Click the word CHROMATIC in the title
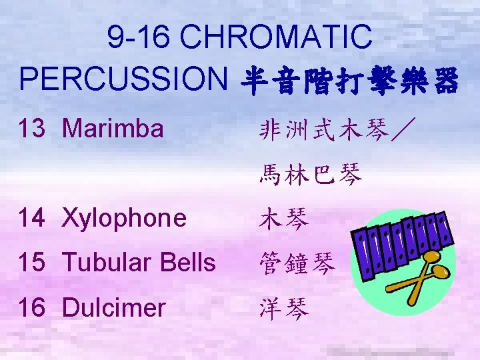[x=277, y=37]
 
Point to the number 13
[x=33, y=128]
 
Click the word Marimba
[x=113, y=128]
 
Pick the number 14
[x=33, y=218]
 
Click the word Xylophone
[x=124, y=218]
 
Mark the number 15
[x=33, y=263]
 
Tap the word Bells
[x=189, y=263]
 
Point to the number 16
[x=33, y=308]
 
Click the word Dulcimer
[x=113, y=308]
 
